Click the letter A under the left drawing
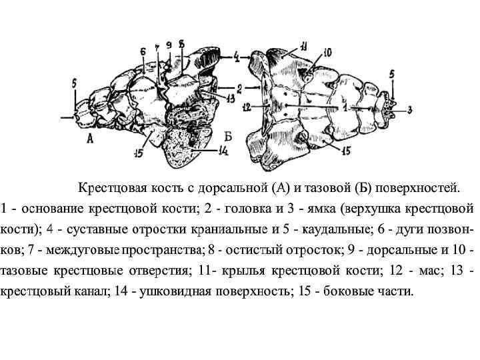point(89,138)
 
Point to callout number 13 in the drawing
point(230,99)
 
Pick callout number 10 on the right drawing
point(327,52)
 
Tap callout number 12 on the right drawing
point(247,106)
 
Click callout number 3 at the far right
point(409,109)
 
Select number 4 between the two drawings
point(237,58)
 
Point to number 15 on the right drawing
point(346,151)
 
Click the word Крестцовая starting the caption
point(111,185)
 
